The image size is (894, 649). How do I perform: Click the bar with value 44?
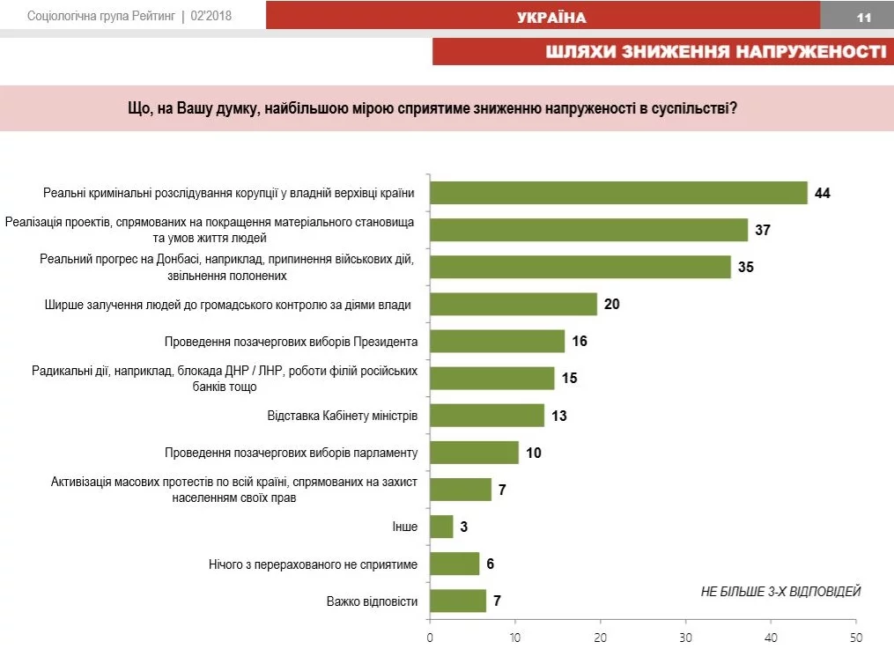[618, 193]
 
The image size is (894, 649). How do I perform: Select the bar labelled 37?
[588, 230]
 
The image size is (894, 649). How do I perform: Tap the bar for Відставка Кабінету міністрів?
[487, 415]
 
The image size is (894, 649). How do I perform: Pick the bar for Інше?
[441, 527]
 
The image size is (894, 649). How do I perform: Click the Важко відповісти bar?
[458, 601]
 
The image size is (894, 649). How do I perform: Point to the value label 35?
[745, 267]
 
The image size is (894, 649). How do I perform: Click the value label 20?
[612, 305]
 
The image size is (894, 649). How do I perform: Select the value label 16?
[579, 342]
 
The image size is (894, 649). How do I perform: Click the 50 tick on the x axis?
[855, 637]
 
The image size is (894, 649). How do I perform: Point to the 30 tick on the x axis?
[685, 637]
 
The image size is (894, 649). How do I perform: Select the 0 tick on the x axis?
[430, 637]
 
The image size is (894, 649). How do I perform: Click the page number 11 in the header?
[863, 17]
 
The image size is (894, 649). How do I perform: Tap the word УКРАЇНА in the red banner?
[551, 18]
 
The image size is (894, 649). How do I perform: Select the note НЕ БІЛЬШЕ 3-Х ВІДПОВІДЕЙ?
[780, 591]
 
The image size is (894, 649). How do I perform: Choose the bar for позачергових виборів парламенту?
[474, 453]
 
